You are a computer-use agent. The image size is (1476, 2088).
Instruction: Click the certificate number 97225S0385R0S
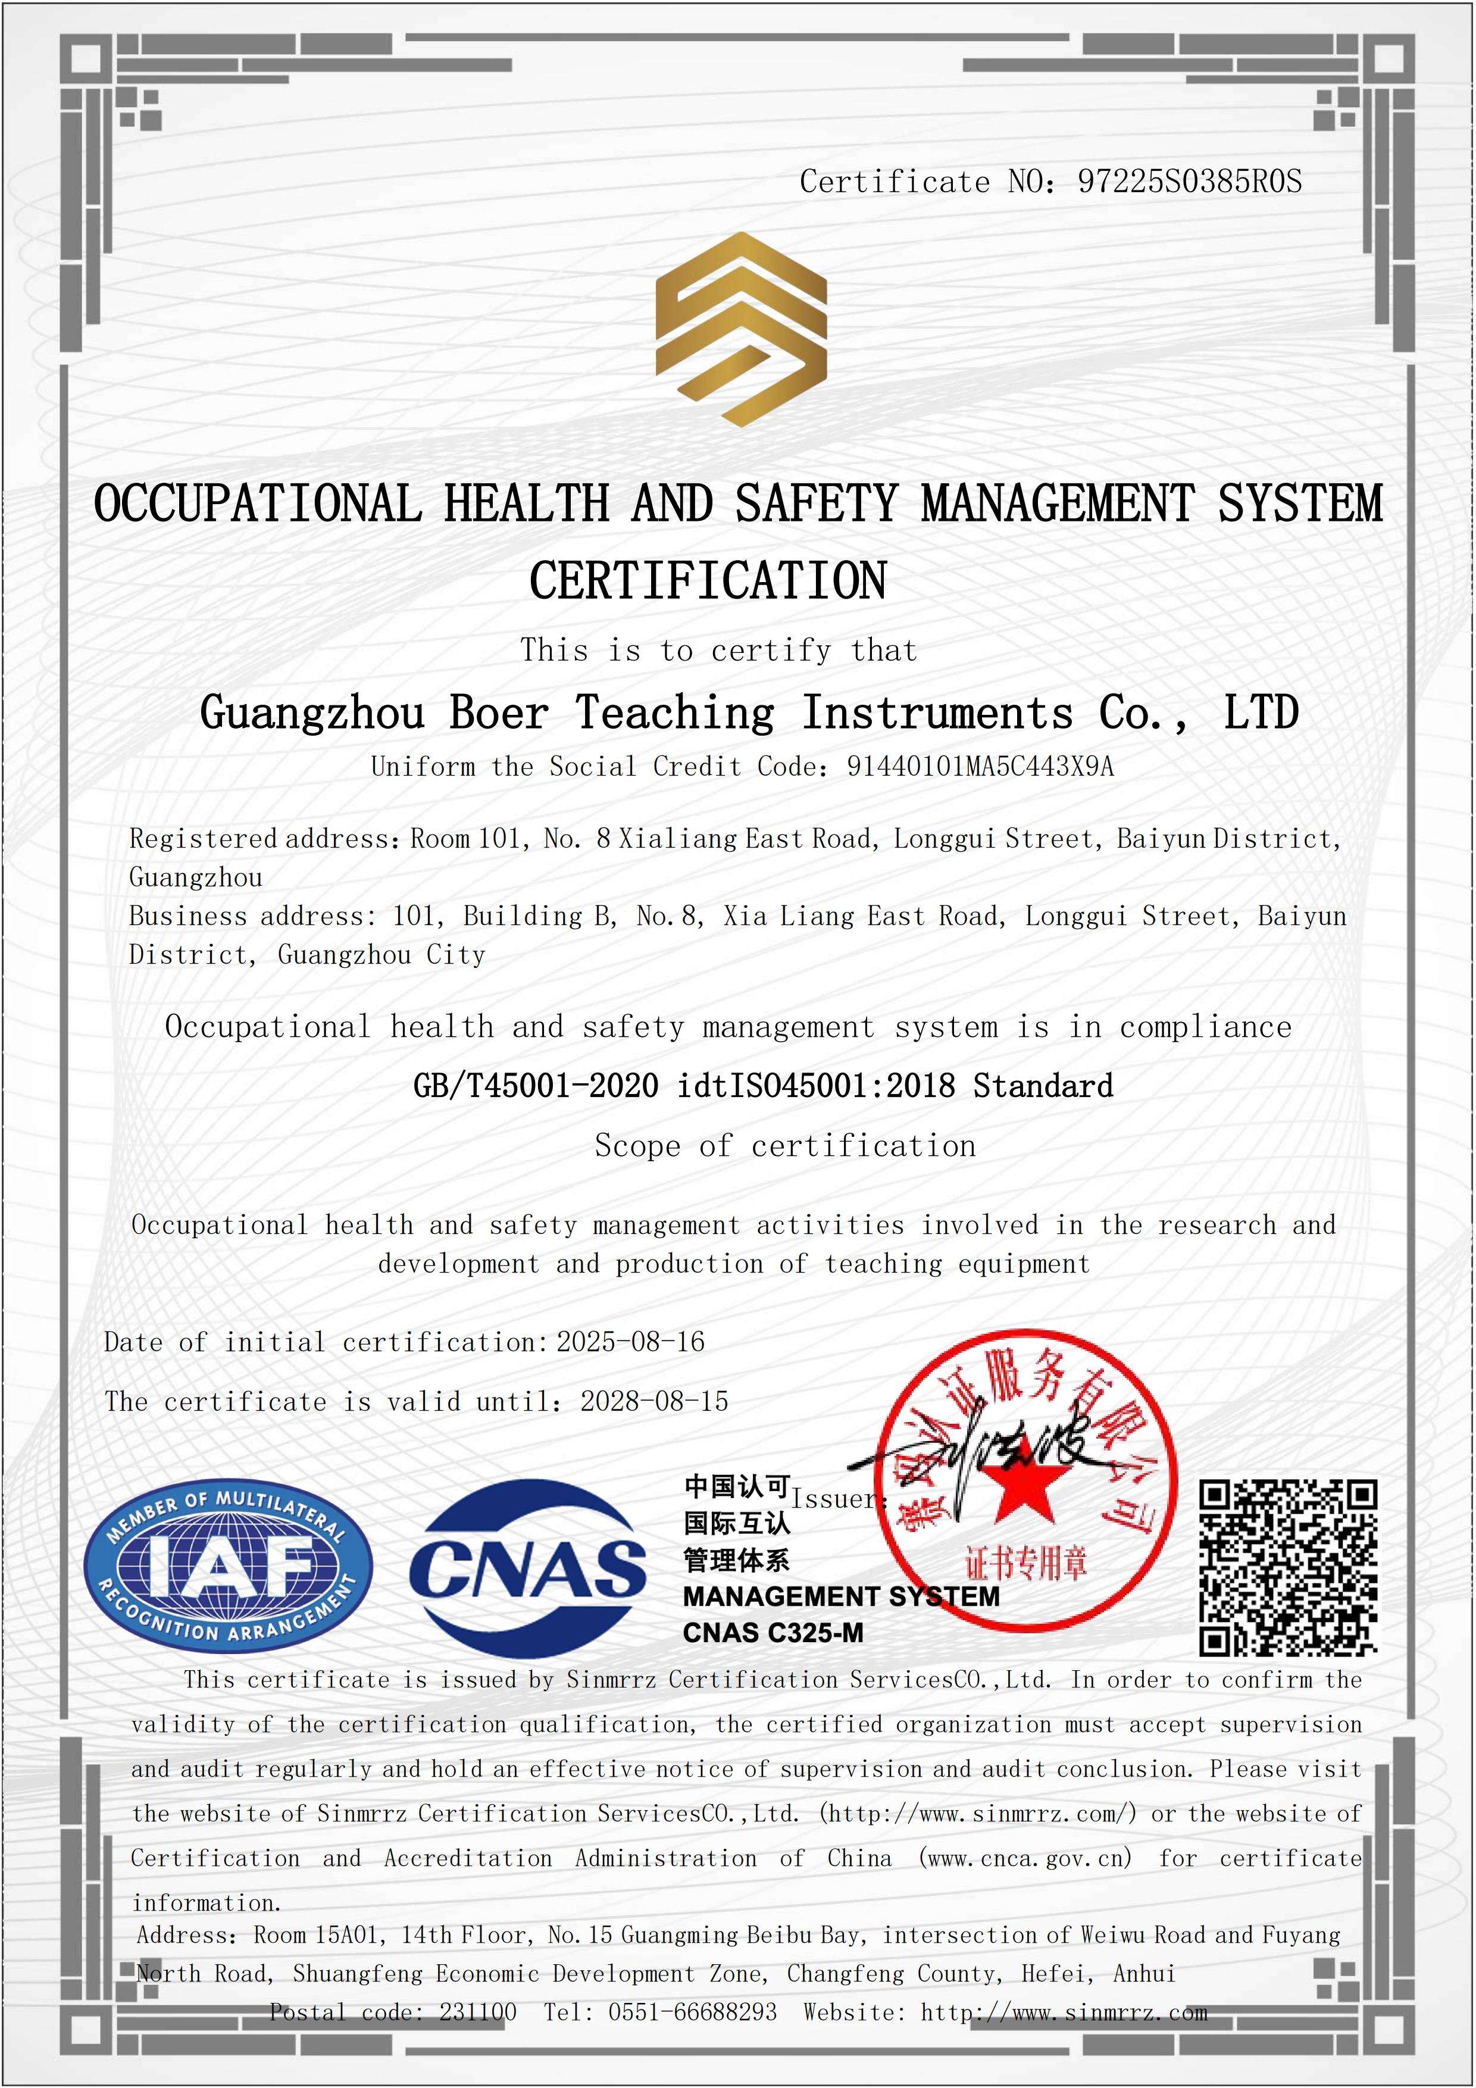click(x=1189, y=182)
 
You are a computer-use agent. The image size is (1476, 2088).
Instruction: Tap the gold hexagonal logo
click(x=741, y=329)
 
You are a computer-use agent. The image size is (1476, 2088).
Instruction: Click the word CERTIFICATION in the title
click(x=708, y=581)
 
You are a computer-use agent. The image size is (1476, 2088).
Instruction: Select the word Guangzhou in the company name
click(x=312, y=712)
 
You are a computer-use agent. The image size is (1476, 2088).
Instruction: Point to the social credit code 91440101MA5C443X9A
click(x=980, y=767)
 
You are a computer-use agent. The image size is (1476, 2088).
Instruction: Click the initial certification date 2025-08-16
click(x=630, y=1342)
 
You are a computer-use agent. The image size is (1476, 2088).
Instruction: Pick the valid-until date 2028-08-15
click(x=654, y=1401)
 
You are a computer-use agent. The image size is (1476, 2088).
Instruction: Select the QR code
click(x=1288, y=1567)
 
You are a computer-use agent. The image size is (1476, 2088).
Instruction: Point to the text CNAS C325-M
click(x=773, y=1633)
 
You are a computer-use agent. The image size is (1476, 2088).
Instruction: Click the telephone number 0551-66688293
click(x=692, y=2012)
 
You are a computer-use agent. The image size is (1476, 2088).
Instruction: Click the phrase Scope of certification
click(x=785, y=1146)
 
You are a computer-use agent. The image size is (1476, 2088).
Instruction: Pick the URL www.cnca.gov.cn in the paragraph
click(x=1025, y=1858)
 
